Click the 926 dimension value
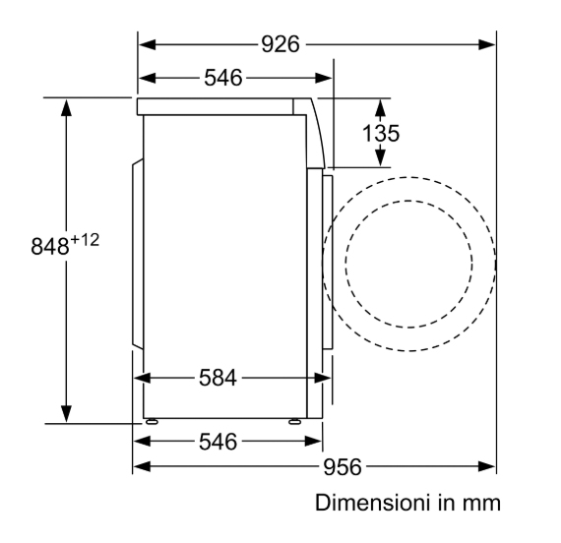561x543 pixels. tap(280, 44)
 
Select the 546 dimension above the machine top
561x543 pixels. tap(223, 78)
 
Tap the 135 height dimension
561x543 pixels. tap(381, 133)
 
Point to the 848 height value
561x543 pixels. tap(50, 247)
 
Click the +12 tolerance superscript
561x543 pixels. tap(85, 240)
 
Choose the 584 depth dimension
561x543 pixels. tap(218, 378)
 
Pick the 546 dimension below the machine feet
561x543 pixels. tap(218, 442)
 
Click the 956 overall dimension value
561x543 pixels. tap(343, 467)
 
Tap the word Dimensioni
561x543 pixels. tap(372, 503)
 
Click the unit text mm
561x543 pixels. tap(481, 504)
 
